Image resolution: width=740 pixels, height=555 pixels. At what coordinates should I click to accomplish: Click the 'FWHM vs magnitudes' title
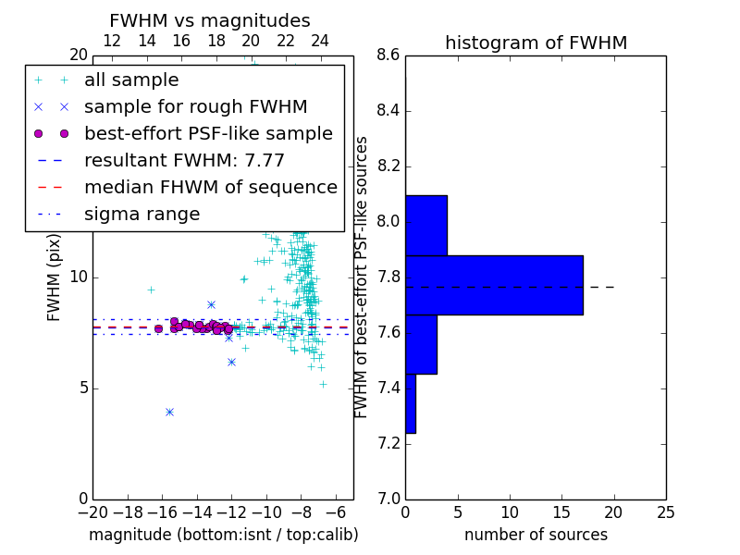[210, 20]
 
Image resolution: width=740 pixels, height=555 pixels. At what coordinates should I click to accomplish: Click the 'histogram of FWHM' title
[536, 43]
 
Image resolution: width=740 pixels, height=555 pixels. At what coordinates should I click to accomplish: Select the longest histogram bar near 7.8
[495, 285]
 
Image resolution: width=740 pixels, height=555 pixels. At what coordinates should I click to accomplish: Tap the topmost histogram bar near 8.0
[426, 226]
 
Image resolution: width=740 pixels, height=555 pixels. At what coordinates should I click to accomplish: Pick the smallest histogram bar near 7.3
[411, 403]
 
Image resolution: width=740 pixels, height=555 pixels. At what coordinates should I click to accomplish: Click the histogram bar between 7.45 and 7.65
[422, 344]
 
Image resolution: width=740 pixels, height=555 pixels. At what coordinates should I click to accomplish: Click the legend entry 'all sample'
[131, 80]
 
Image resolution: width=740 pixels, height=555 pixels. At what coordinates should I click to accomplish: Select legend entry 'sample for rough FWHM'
[196, 107]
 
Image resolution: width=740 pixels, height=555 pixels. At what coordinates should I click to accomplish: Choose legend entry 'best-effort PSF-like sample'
[209, 134]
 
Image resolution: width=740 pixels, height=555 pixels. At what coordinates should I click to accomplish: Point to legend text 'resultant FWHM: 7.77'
[184, 160]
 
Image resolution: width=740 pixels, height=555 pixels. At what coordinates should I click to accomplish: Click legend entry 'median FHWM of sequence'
[211, 188]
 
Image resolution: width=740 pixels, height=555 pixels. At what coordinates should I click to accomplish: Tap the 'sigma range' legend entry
[142, 215]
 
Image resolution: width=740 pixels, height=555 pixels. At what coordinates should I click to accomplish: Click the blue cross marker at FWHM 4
[170, 412]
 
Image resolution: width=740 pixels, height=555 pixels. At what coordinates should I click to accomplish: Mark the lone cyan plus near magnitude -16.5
[151, 290]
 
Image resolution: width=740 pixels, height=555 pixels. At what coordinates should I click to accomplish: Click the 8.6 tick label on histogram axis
[388, 55]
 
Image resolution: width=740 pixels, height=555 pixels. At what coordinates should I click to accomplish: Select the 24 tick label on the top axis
[319, 41]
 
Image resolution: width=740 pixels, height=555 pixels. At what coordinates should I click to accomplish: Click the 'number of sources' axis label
[536, 535]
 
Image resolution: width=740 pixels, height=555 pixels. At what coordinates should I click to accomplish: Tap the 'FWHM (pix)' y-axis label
[54, 278]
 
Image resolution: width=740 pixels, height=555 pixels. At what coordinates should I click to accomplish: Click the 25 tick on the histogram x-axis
[666, 512]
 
